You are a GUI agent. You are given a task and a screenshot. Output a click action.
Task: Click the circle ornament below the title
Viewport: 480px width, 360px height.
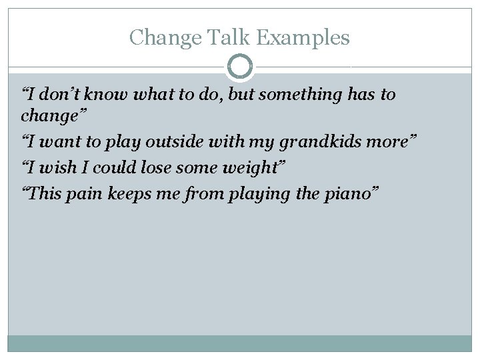click(x=240, y=67)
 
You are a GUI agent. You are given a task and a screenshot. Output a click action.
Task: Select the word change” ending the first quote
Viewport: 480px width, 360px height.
click(x=50, y=116)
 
